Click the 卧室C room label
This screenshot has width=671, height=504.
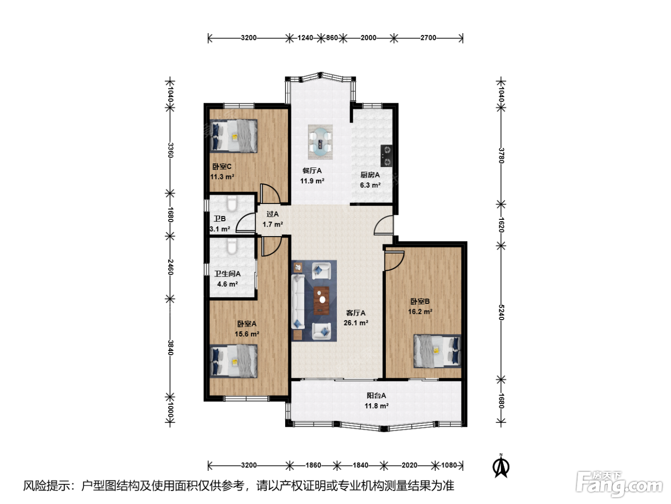tap(221, 167)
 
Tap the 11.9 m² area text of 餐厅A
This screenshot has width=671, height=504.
tap(312, 181)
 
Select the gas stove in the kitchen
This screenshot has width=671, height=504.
tap(386, 156)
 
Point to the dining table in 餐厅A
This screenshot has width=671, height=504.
tap(320, 142)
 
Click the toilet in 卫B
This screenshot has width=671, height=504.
tap(232, 204)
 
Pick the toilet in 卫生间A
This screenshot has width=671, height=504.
tap(232, 247)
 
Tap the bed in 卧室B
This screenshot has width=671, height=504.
tap(437, 351)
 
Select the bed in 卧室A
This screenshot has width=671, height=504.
tap(234, 361)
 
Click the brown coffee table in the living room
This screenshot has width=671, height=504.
tap(321, 300)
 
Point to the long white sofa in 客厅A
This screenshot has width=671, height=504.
tap(298, 301)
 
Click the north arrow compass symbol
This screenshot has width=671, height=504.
tap(500, 467)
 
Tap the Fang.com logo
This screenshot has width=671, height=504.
tap(619, 484)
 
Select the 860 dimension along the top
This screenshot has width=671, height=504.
tap(332, 37)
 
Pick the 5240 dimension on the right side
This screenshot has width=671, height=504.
tap(501, 312)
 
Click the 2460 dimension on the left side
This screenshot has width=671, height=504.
tap(171, 267)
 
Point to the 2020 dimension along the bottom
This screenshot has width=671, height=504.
tap(409, 465)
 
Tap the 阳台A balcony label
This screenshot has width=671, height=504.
tap(376, 396)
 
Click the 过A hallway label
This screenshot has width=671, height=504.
tap(272, 214)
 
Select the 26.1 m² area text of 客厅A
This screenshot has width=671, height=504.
tap(356, 323)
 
